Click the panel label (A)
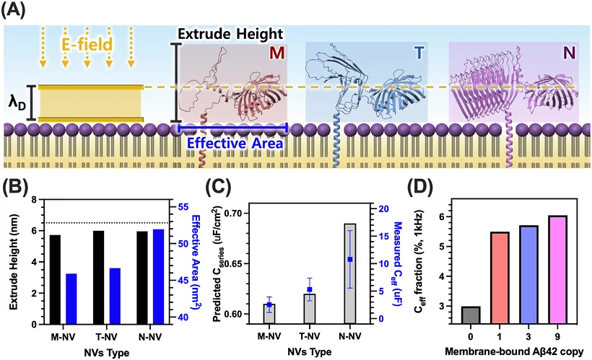(13, 10)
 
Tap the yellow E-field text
(87, 45)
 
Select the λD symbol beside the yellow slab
(17, 103)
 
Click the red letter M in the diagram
(277, 53)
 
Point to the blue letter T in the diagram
(419, 53)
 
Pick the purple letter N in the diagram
(569, 53)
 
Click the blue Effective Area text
(235, 144)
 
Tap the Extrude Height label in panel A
(230, 34)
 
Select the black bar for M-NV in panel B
(55, 279)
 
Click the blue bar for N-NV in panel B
(159, 276)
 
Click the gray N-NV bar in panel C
(350, 273)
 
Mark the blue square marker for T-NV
(310, 289)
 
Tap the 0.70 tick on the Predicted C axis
(235, 214)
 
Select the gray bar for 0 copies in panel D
(470, 315)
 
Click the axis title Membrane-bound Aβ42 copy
(514, 351)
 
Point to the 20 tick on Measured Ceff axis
(379, 209)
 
